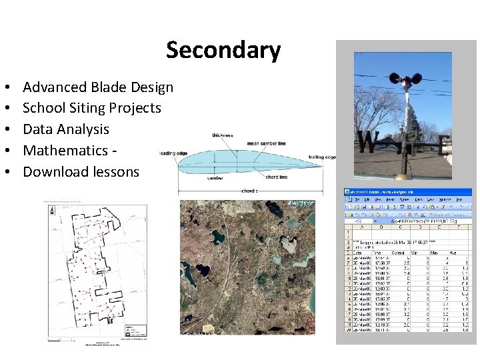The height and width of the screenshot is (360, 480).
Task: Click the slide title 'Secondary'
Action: pos(223,50)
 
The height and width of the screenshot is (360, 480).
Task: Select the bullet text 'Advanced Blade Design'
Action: pos(98,87)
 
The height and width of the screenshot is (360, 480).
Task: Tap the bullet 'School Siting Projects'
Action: pos(92,108)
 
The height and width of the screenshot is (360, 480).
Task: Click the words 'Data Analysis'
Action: pos(66,129)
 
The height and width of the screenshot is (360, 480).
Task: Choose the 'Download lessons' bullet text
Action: pos(81,172)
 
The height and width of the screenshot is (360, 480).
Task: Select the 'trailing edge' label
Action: pos(322,157)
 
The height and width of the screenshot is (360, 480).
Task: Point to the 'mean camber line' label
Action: pos(267,142)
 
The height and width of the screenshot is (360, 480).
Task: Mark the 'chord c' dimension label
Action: pos(248,191)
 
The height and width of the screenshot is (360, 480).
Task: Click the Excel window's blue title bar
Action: pos(407,192)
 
